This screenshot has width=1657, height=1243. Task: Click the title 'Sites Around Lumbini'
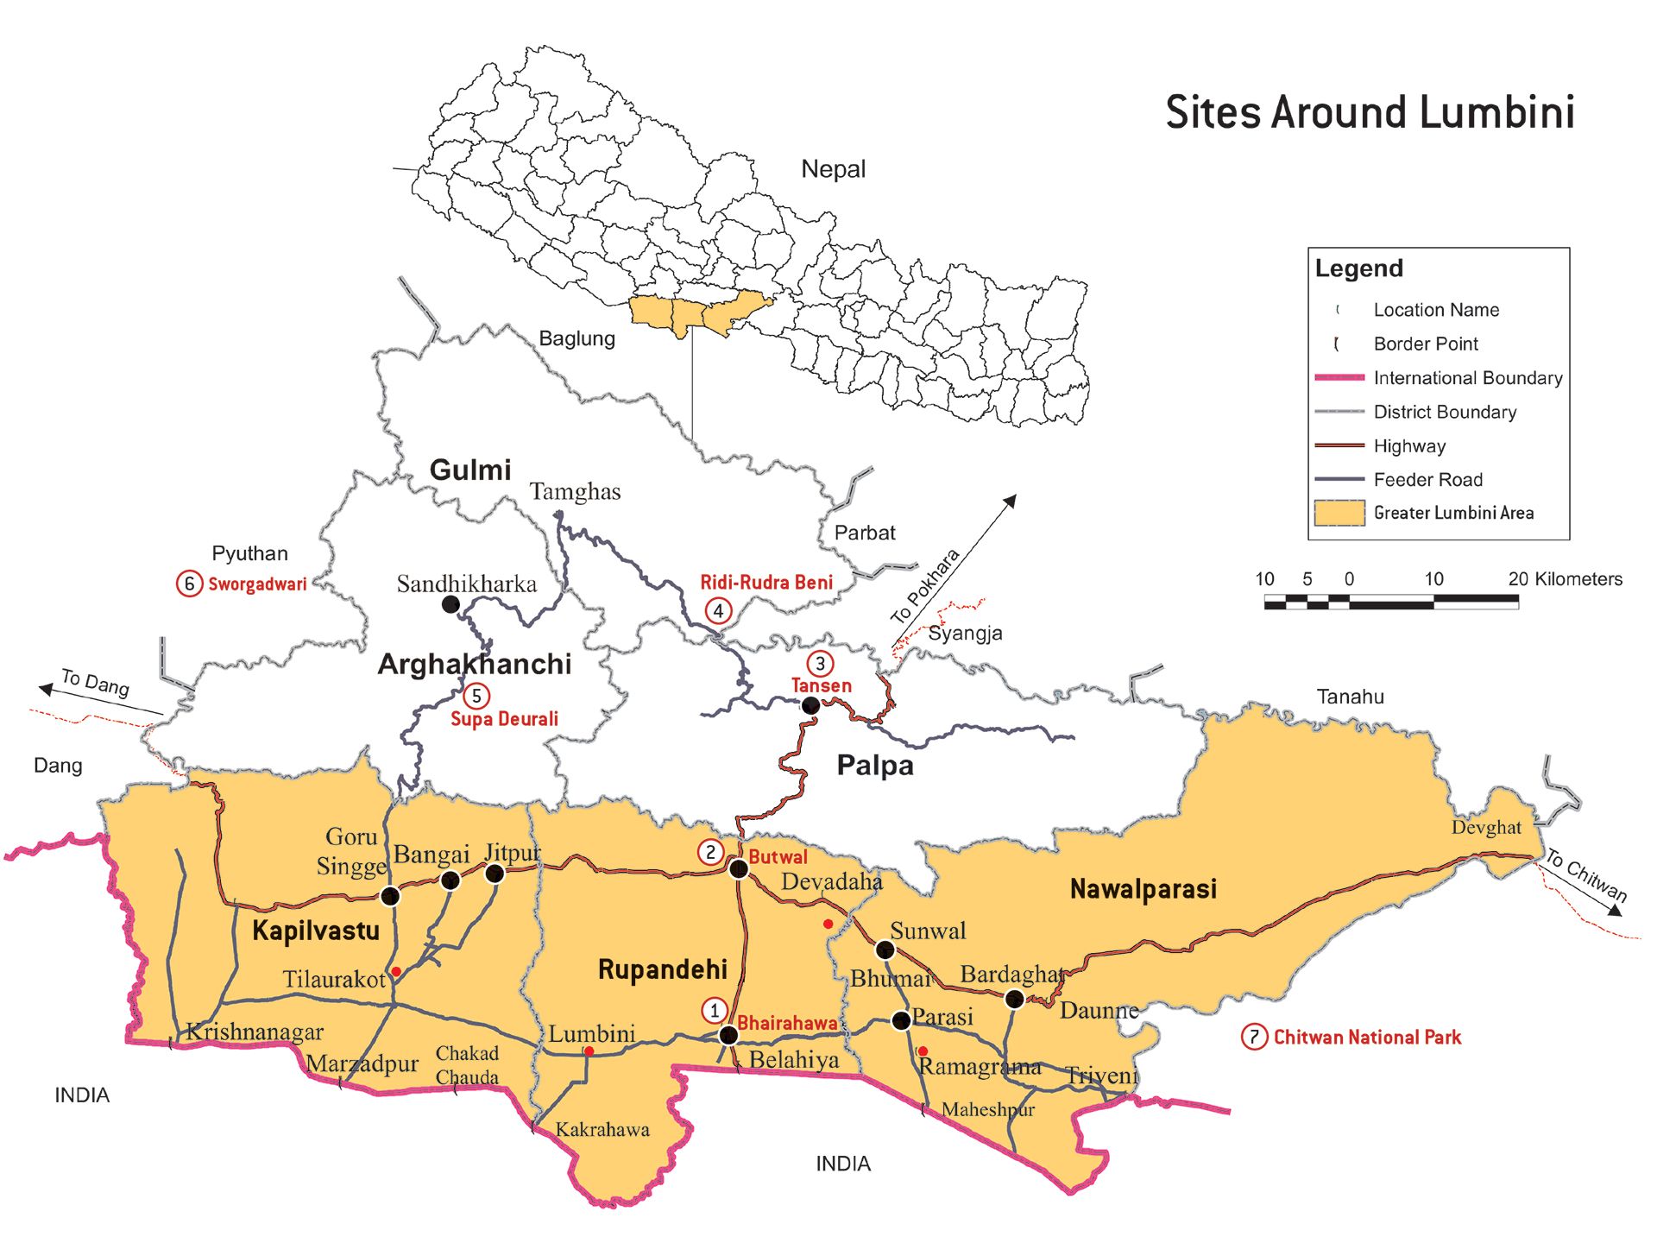click(1370, 113)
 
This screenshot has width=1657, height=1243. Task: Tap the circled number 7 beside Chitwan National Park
click(1253, 1037)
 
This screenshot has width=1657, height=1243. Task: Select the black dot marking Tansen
click(810, 706)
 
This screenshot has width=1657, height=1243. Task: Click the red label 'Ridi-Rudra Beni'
click(766, 583)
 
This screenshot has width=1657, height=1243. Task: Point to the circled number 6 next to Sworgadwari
click(189, 584)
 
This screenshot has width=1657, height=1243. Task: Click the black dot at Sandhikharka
click(450, 605)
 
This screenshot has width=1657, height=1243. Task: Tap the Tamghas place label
click(575, 492)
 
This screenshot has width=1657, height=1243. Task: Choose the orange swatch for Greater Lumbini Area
click(1339, 513)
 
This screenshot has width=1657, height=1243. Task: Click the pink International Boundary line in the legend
click(1339, 377)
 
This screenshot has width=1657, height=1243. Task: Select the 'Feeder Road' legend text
click(1427, 480)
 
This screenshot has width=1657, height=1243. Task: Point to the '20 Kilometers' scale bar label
click(1565, 579)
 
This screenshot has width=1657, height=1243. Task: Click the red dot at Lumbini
click(589, 1051)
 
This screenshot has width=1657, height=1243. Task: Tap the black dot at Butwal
click(739, 868)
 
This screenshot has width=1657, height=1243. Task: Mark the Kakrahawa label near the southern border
click(602, 1129)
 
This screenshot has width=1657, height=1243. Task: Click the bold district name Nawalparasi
click(1143, 889)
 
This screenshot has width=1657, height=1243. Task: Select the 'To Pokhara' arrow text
click(925, 586)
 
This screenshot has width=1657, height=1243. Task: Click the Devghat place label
click(1485, 828)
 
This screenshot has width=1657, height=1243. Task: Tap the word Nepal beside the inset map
click(833, 169)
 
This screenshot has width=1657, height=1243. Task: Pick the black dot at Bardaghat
click(1015, 999)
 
